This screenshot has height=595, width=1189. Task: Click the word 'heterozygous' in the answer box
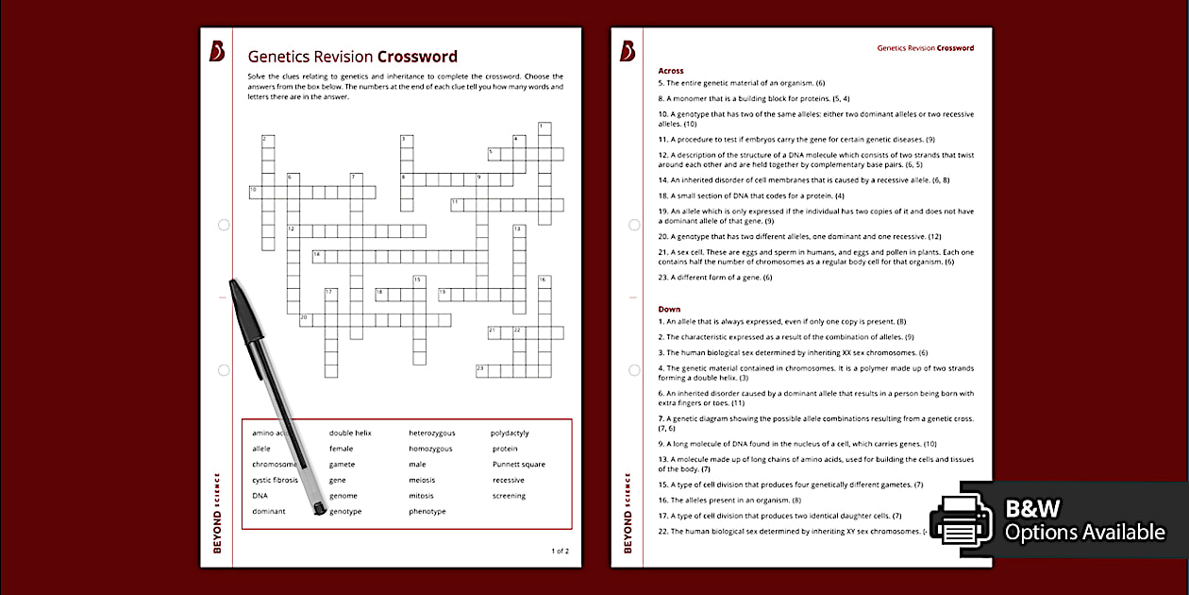click(x=431, y=433)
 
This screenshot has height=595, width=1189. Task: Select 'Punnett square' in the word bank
click(x=518, y=465)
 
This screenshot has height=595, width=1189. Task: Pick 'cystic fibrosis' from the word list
click(x=275, y=480)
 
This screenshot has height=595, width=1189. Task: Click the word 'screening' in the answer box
click(x=509, y=496)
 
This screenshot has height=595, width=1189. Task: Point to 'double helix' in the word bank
click(x=350, y=433)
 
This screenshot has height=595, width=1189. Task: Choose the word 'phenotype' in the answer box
click(x=427, y=512)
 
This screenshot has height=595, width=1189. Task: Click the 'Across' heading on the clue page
click(x=671, y=71)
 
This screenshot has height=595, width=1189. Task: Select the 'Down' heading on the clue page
click(x=669, y=309)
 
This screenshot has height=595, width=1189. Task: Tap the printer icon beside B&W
click(x=962, y=519)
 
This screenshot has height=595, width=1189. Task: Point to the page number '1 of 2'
click(x=560, y=550)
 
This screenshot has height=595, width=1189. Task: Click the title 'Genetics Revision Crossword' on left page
click(x=352, y=57)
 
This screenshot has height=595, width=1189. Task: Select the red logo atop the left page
click(x=217, y=51)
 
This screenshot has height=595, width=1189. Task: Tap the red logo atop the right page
click(x=628, y=51)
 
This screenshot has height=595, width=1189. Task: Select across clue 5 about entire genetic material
click(x=742, y=83)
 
